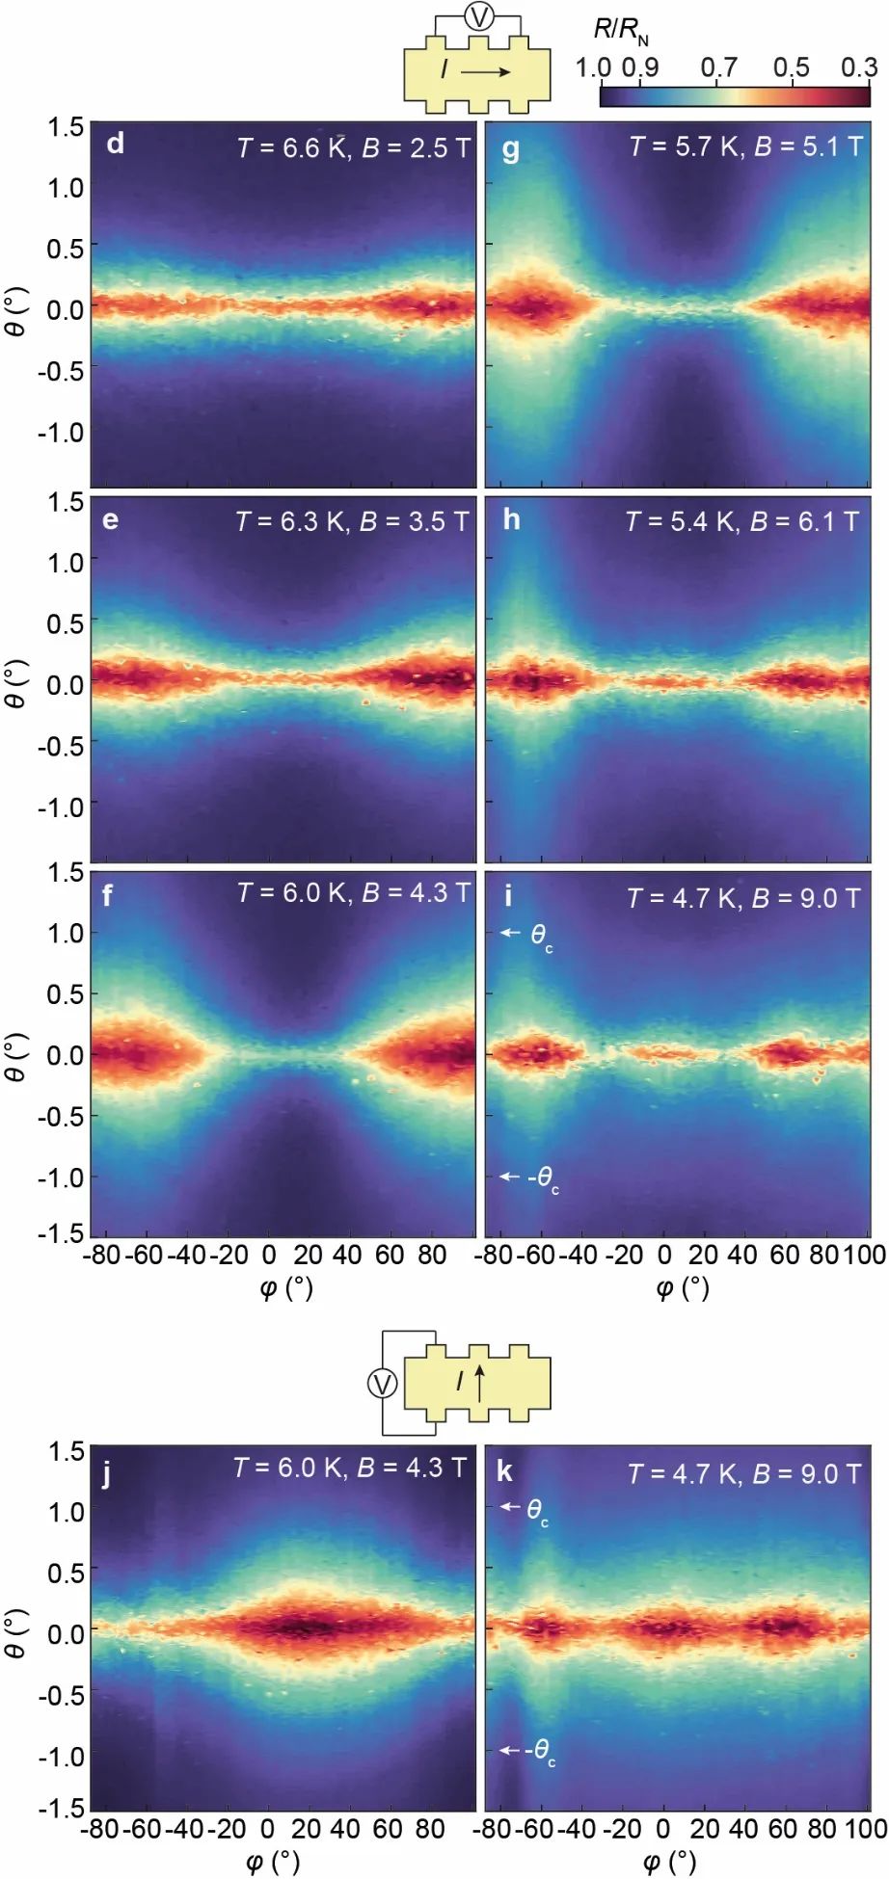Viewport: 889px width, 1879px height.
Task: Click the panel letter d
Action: click(115, 145)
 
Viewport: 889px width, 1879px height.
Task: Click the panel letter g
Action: click(511, 149)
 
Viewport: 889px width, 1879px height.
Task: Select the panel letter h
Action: click(511, 520)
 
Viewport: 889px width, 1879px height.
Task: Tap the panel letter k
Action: click(504, 1471)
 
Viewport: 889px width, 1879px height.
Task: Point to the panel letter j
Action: click(106, 1474)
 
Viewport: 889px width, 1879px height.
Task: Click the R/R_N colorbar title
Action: click(620, 31)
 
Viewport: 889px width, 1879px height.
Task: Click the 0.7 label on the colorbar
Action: click(719, 67)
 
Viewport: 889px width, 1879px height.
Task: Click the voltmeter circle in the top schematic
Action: click(478, 16)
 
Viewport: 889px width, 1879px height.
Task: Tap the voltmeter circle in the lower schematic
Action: click(382, 1385)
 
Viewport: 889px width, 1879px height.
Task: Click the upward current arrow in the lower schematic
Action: click(479, 1382)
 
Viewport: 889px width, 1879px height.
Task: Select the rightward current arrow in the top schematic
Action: click(486, 71)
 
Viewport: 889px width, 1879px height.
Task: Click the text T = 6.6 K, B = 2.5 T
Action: click(354, 147)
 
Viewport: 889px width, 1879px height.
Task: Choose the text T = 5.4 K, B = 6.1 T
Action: click(741, 521)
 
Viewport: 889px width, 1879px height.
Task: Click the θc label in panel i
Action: click(541, 935)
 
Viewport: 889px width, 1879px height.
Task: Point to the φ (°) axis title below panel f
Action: click(286, 1287)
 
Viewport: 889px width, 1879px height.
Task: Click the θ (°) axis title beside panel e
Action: click(15, 684)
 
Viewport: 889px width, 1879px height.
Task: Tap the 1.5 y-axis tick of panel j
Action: click(67, 1451)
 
